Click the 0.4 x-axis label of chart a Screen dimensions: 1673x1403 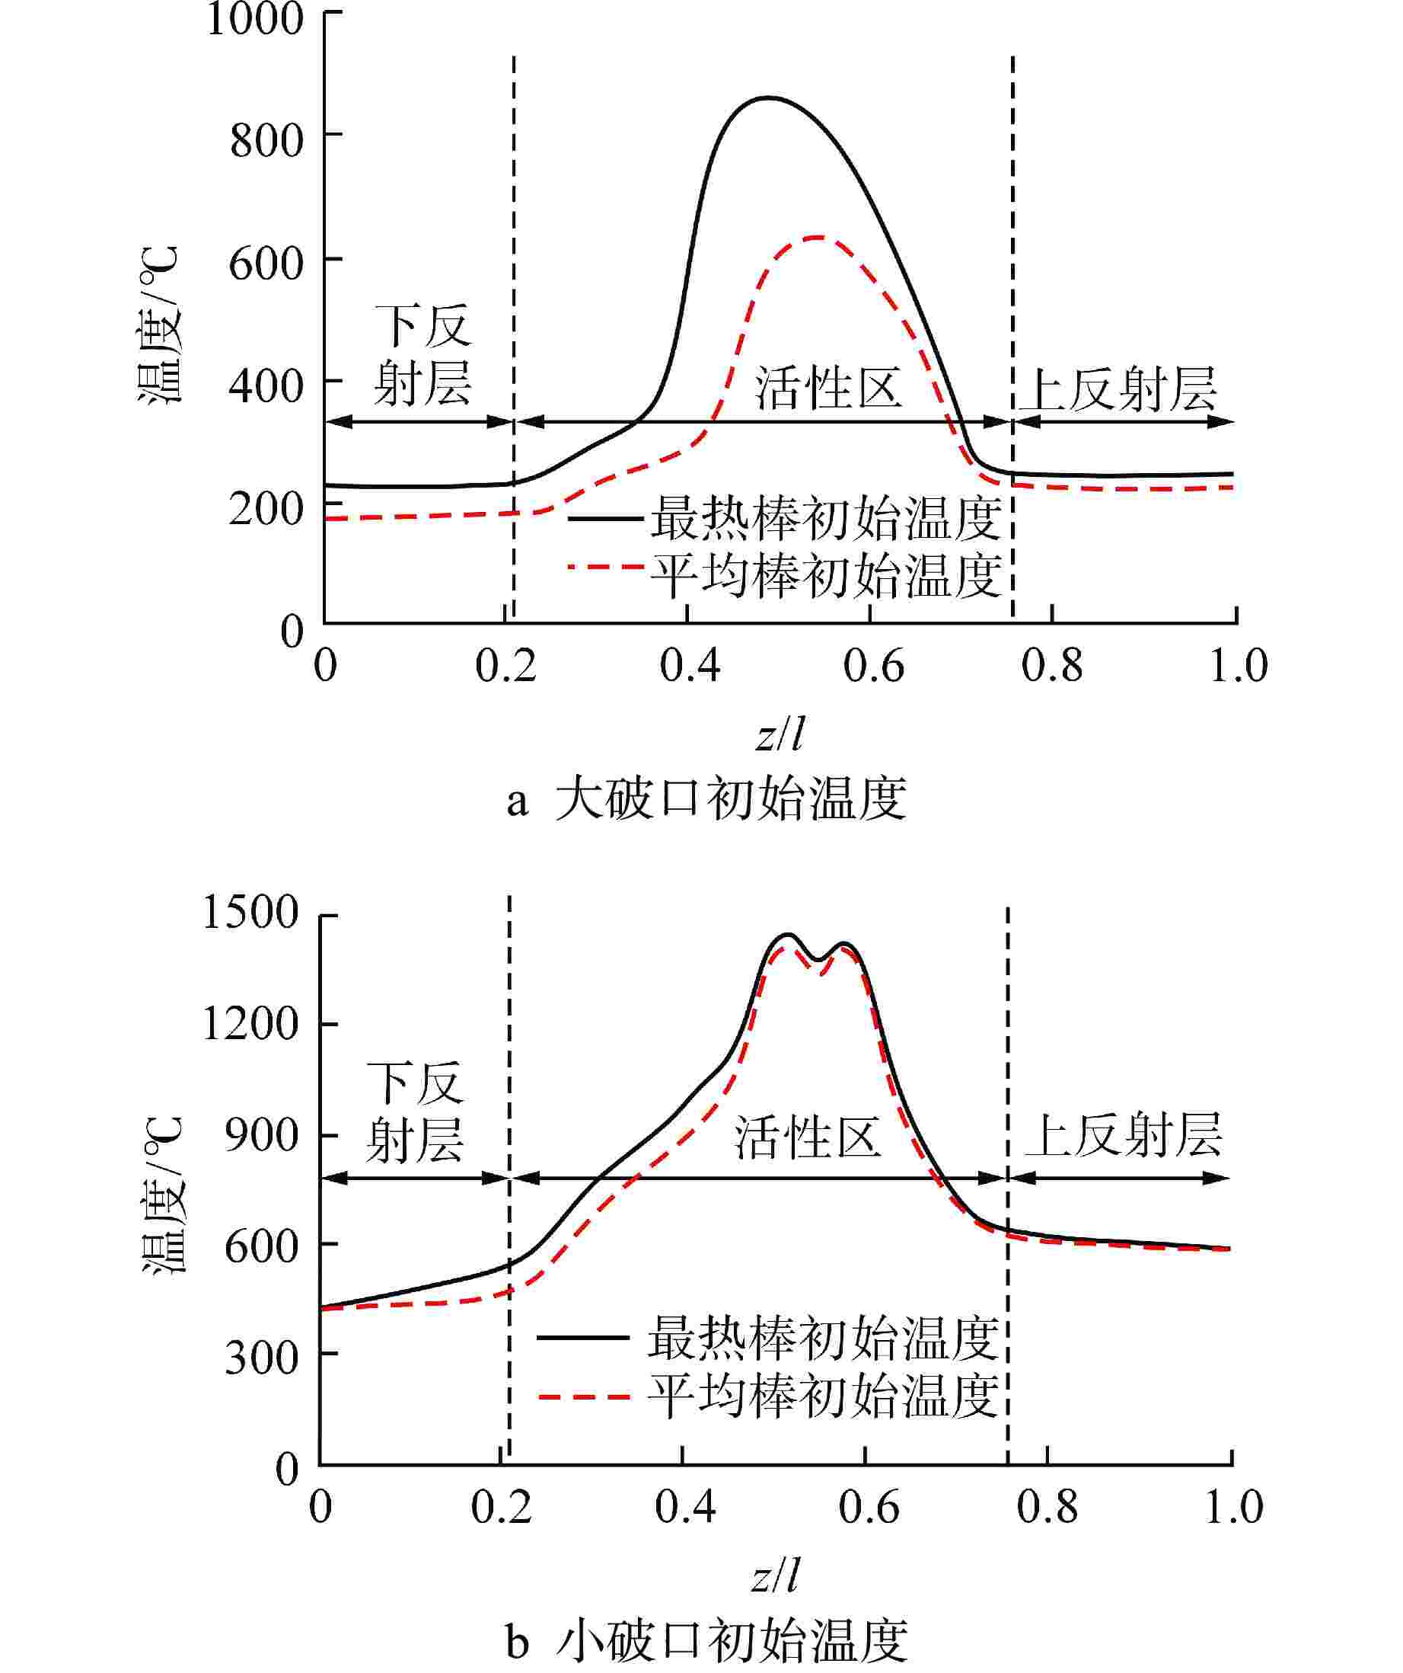click(690, 666)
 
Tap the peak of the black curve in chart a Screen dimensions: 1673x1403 click(766, 98)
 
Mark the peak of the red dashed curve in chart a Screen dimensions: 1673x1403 click(817, 238)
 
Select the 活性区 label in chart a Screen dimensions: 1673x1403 click(828, 389)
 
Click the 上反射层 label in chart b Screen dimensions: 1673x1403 click(1123, 1136)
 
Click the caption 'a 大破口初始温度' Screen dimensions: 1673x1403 click(707, 800)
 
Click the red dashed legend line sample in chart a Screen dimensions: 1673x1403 click(606, 568)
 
